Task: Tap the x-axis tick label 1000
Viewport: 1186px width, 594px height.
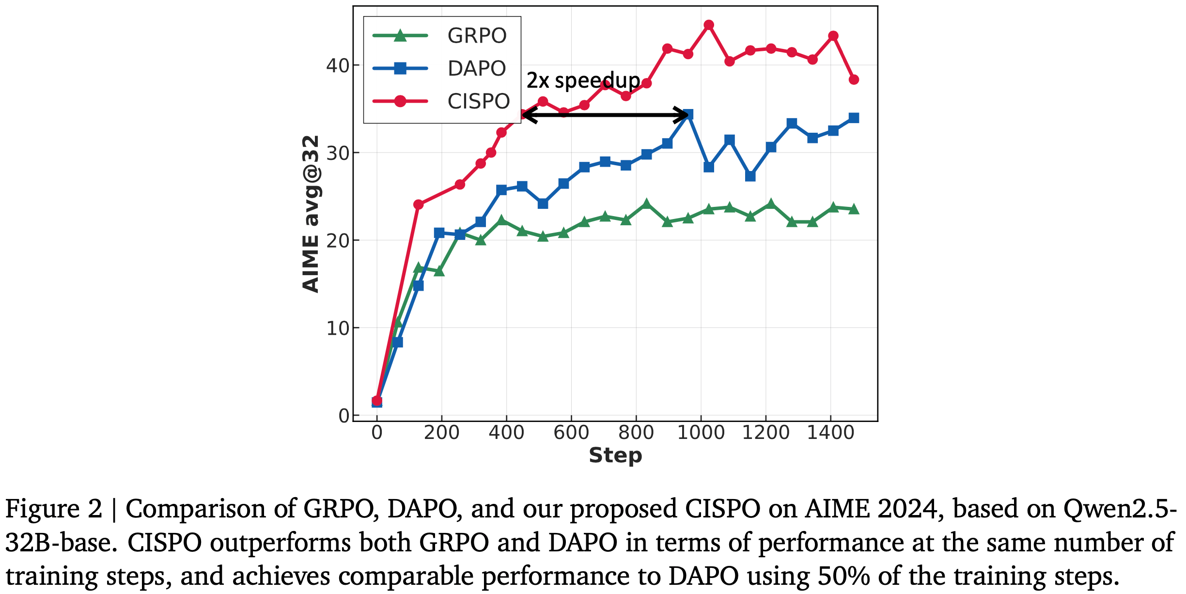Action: point(701,433)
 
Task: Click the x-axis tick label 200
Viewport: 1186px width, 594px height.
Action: point(441,433)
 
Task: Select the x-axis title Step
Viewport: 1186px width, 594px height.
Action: point(615,456)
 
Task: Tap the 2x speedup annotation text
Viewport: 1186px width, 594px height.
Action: point(583,80)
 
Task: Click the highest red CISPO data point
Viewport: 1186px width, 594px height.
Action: point(708,25)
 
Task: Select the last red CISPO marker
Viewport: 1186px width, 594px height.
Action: point(854,79)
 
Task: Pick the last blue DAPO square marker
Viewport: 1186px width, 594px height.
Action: point(854,118)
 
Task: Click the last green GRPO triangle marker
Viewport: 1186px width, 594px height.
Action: point(854,209)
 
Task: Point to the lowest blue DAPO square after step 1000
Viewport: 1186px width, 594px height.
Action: point(750,176)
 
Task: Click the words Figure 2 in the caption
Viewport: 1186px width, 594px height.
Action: point(54,509)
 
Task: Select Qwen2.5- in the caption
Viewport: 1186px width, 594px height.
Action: point(1120,509)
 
